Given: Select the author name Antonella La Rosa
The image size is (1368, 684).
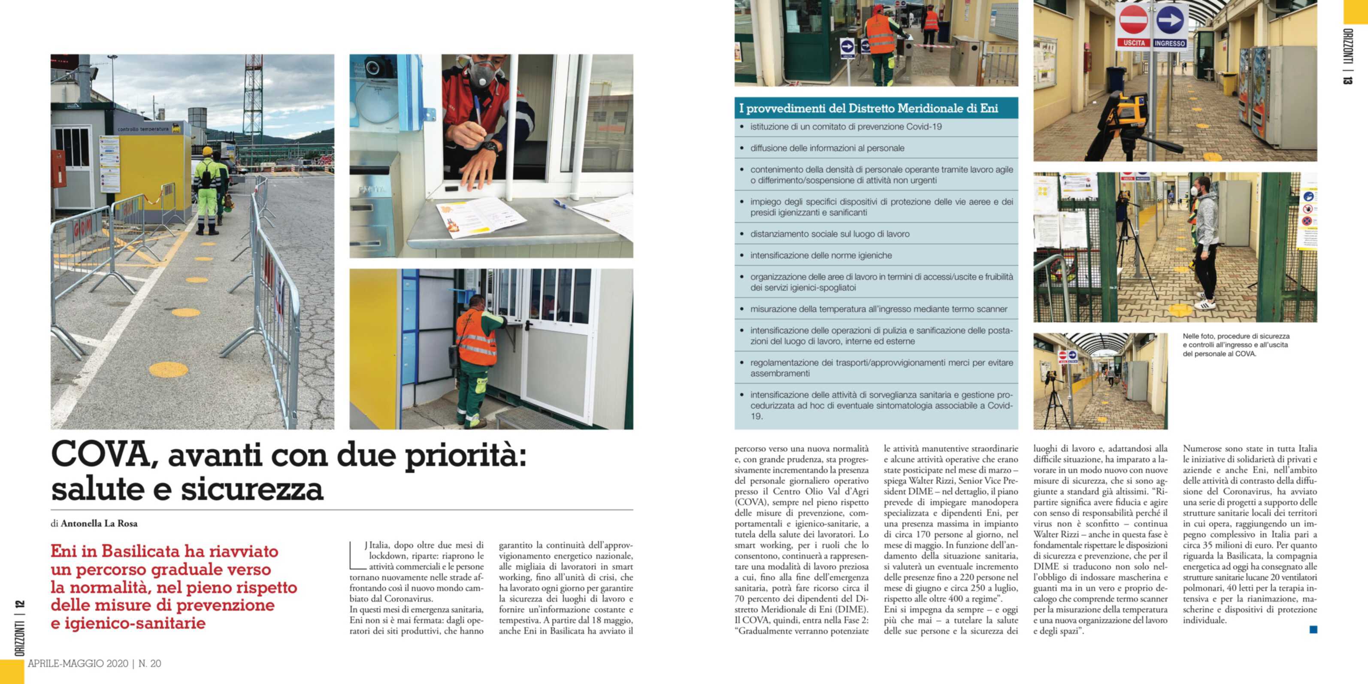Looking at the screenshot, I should [99, 524].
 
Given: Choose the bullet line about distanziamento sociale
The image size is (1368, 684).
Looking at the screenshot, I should [829, 234].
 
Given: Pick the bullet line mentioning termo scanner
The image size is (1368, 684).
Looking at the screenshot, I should [878, 309].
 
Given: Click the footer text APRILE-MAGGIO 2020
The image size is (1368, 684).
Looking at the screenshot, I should [78, 664].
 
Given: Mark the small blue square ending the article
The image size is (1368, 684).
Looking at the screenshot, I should [1314, 630].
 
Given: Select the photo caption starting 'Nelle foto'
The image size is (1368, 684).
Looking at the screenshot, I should [1236, 345].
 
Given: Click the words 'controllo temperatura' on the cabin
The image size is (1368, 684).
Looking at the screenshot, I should [142, 129].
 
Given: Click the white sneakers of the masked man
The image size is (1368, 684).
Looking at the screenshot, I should [1205, 304].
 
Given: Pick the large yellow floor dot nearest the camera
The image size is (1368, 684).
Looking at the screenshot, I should [168, 369].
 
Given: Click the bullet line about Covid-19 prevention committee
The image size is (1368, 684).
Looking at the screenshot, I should [845, 127].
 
